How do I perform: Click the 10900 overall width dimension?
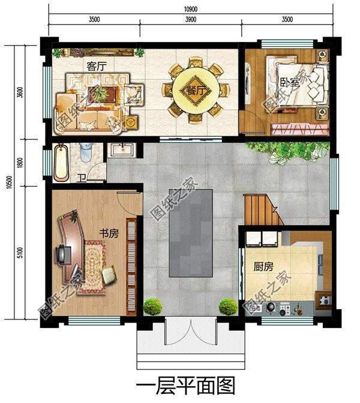(191, 9)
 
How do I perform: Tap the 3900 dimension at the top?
(191, 19)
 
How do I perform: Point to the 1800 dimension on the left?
(20, 163)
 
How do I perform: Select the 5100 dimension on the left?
(20, 252)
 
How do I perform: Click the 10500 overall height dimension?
(9, 182)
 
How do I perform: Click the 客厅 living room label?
(96, 66)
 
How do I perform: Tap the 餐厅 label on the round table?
(196, 91)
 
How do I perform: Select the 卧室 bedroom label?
(290, 83)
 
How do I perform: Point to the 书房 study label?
(109, 234)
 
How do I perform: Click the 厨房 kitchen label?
(263, 267)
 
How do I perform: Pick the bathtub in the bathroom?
(62, 162)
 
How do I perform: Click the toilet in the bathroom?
(86, 152)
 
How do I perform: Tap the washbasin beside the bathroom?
(122, 150)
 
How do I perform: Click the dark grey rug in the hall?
(191, 233)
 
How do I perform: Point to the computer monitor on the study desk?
(62, 255)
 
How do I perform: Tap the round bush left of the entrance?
(152, 306)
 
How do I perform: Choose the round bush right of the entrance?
(228, 306)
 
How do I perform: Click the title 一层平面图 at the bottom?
(185, 386)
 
